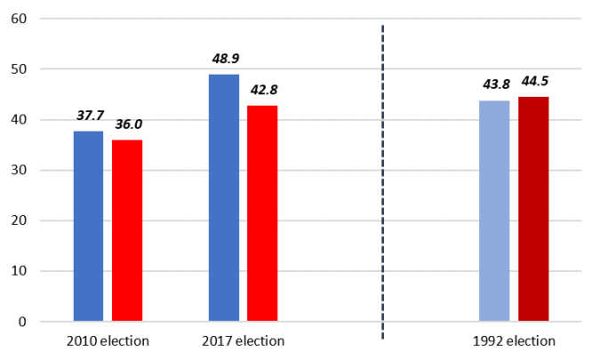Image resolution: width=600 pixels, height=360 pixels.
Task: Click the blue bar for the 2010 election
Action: pos(88,226)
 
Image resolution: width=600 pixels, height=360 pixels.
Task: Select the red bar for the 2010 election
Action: pos(127,230)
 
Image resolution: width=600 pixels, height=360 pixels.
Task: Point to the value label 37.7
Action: pos(89,116)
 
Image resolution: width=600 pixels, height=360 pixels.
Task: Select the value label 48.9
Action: pos(224,59)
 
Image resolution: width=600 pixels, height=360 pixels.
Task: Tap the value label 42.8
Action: pos(264,90)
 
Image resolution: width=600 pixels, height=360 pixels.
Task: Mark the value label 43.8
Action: pos(494,84)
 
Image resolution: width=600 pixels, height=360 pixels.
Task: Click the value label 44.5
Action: pos(535,82)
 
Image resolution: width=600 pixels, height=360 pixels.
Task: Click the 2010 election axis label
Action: pos(108,341)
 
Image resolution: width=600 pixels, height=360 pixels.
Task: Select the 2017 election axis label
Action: pos(243,341)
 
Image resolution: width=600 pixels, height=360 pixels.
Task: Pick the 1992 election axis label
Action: pos(514,341)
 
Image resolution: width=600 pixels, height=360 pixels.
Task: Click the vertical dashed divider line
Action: pos(383,178)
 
